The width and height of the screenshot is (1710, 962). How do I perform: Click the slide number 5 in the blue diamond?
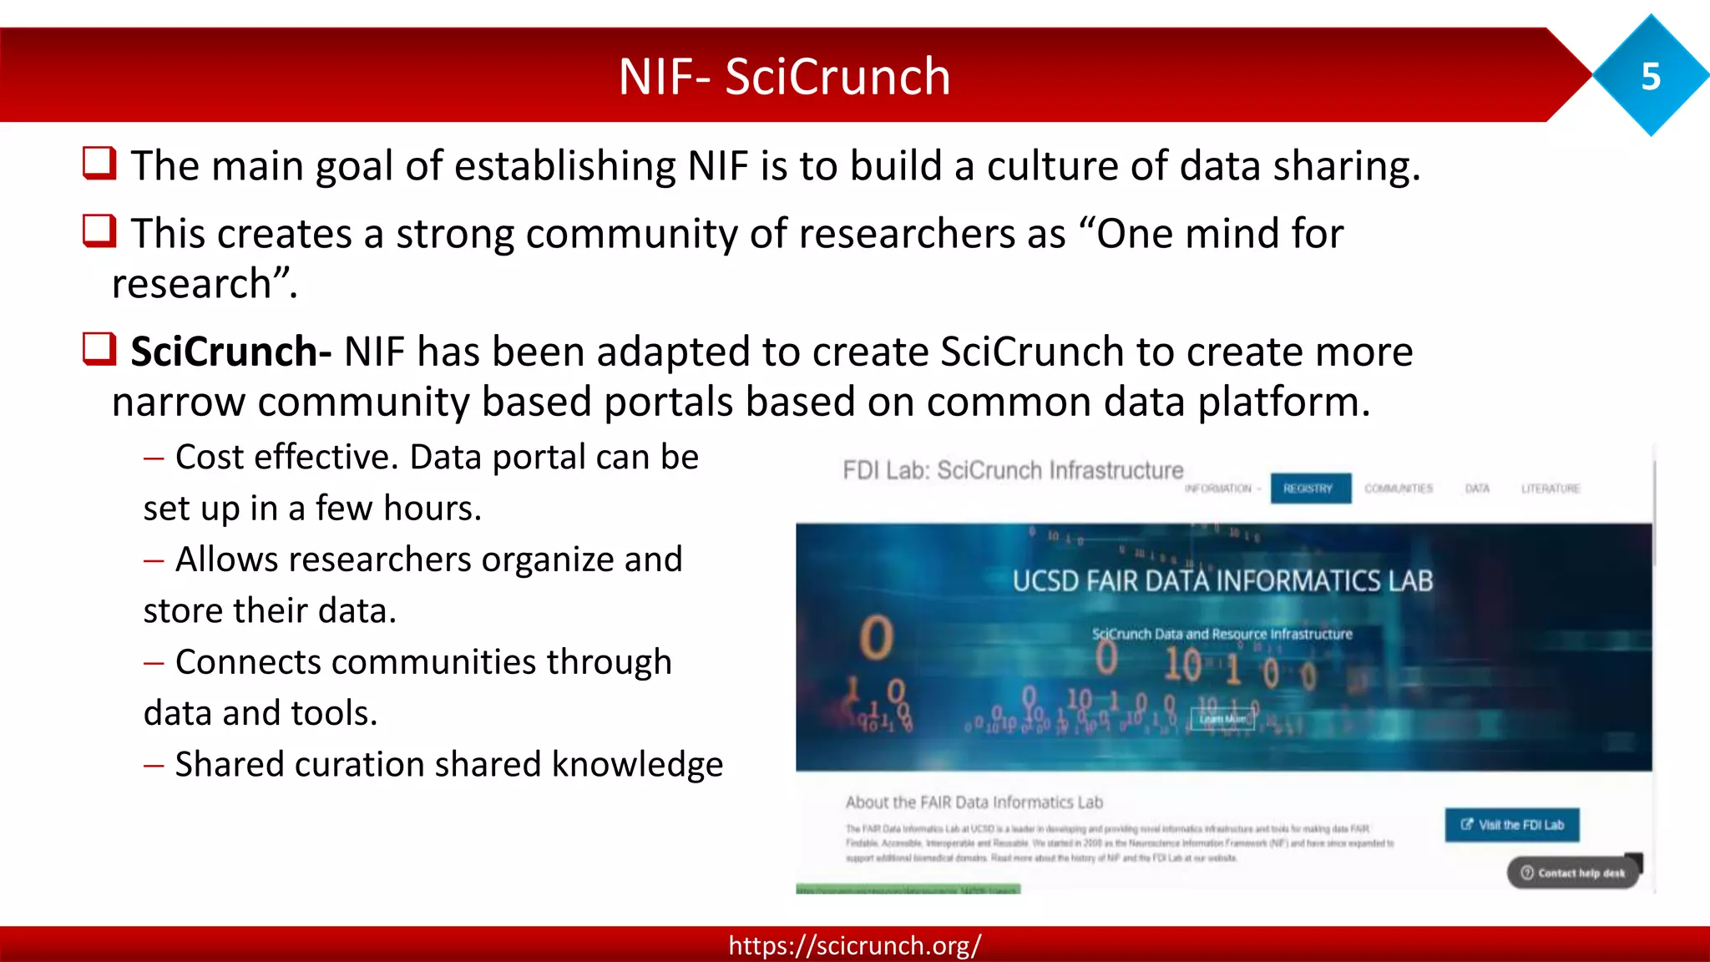(x=1651, y=77)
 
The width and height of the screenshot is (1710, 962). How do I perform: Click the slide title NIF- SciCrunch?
(x=784, y=77)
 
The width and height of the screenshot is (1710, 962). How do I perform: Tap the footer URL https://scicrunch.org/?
(x=854, y=945)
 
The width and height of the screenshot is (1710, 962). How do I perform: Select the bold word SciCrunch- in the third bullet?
(x=230, y=352)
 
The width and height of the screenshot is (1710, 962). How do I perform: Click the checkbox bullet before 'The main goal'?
(x=99, y=163)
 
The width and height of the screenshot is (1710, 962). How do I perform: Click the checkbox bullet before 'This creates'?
(x=99, y=230)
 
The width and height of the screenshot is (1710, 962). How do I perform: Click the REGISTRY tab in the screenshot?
(x=1309, y=489)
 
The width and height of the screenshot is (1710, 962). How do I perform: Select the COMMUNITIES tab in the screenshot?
(x=1399, y=489)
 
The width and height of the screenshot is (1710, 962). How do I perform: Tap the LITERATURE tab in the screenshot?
(x=1550, y=489)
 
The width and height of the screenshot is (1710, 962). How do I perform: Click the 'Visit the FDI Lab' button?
(x=1512, y=825)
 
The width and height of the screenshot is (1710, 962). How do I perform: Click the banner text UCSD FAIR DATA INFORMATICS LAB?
(x=1222, y=581)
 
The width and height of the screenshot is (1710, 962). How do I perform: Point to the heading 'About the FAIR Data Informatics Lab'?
(x=974, y=803)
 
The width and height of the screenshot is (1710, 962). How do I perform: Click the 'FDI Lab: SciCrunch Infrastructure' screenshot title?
(x=1013, y=471)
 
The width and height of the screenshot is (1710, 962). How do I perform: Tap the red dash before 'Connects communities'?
(x=154, y=663)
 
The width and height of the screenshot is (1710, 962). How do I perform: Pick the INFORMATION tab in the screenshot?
(x=1218, y=489)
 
